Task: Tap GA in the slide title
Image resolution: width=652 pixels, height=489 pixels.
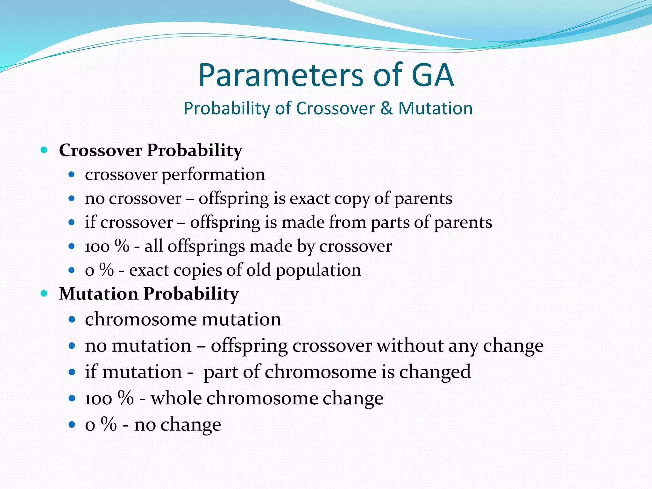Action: tap(432, 75)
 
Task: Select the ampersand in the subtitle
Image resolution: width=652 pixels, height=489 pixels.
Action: tap(386, 108)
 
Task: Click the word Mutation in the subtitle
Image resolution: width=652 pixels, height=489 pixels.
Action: tap(435, 108)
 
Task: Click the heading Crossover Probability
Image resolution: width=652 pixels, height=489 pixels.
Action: tap(150, 150)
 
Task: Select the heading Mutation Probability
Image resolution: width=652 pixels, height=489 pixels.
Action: tap(149, 294)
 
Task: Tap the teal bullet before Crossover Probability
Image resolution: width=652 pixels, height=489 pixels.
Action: tap(44, 150)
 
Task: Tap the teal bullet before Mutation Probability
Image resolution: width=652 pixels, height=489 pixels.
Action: tap(44, 293)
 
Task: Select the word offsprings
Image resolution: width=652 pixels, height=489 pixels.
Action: tap(206, 246)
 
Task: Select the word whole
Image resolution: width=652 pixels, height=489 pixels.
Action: tap(176, 398)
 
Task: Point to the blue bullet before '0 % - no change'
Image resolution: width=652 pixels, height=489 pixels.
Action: tap(72, 424)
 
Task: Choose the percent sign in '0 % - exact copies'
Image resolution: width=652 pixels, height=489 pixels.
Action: tap(107, 270)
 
